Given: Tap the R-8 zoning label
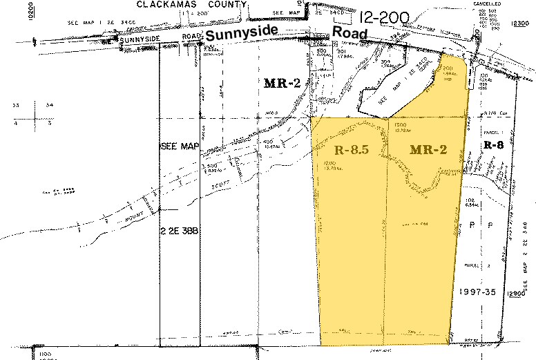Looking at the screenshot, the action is click(492, 145).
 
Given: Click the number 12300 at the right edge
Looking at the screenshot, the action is click(520, 23).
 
